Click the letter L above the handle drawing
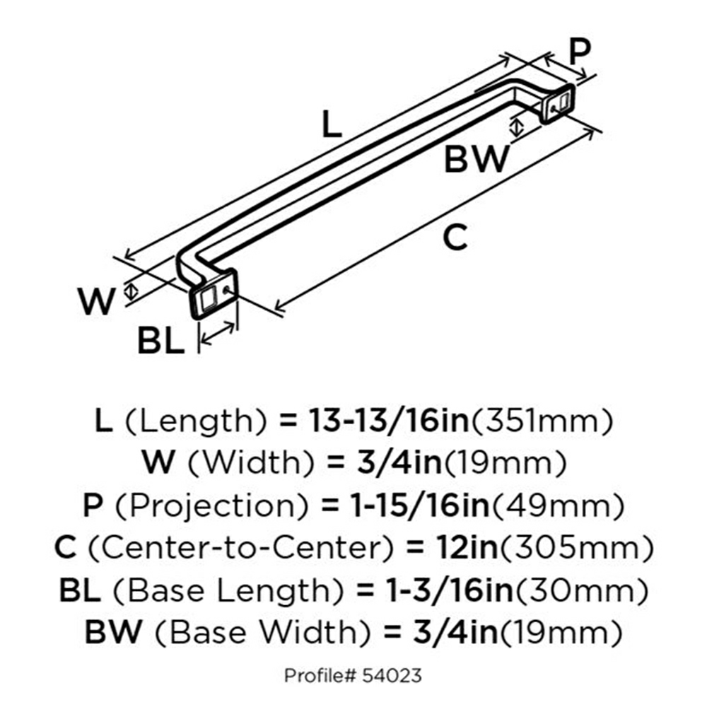[x=332, y=124]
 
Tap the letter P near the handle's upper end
[x=580, y=52]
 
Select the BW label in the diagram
[x=477, y=158]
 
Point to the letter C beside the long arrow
[x=455, y=237]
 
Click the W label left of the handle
[x=97, y=301]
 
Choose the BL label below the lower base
[x=161, y=341]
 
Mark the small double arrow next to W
[x=131, y=291]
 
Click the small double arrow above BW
[x=518, y=127]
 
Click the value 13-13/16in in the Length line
[x=389, y=421]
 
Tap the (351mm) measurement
[x=542, y=421]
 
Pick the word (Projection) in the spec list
[x=212, y=506]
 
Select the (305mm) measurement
[x=575, y=548]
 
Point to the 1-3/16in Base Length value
[x=450, y=590]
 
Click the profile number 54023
[x=392, y=675]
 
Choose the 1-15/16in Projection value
[x=420, y=506]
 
